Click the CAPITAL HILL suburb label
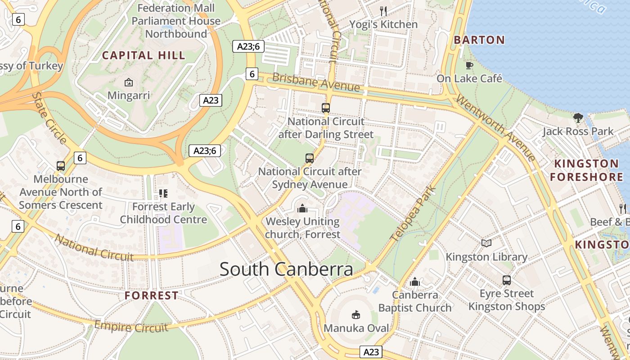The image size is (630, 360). point(144,55)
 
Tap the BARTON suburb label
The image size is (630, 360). point(479,40)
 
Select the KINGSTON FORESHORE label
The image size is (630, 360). point(586,170)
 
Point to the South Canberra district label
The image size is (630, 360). point(286,269)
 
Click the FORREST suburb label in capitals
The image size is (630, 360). point(151,296)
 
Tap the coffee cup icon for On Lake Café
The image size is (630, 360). point(469,66)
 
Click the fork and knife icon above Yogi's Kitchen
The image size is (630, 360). point(383,11)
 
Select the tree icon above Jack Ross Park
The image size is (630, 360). point(578,118)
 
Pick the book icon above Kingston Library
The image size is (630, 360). point(486,243)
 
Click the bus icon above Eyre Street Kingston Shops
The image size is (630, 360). point(507,280)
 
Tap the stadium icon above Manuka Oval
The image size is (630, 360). point(356,315)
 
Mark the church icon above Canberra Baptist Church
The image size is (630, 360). point(415,282)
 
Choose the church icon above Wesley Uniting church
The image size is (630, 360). point(302,208)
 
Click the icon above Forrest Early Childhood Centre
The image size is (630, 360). point(163,193)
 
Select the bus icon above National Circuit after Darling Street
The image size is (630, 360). point(326,108)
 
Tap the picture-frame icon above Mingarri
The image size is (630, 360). point(129,82)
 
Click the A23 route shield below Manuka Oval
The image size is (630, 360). point(372,352)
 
